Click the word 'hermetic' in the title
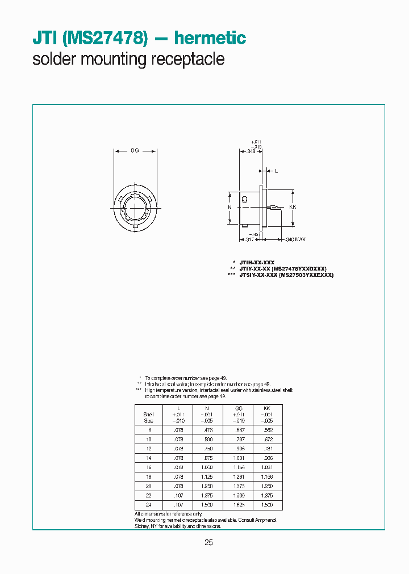[x=210, y=39]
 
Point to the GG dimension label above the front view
[x=135, y=151]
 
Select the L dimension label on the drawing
[x=276, y=170]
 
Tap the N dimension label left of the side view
[x=229, y=208]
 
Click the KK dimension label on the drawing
[x=293, y=208]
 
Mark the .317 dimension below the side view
[x=249, y=239]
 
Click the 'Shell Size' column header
[x=148, y=417]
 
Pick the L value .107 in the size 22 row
[x=178, y=495]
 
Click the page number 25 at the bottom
[x=208, y=543]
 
